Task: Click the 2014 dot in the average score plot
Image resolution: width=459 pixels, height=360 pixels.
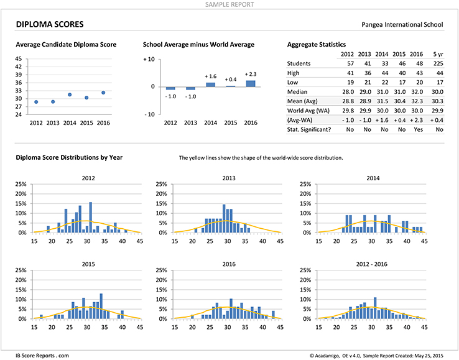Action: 70,95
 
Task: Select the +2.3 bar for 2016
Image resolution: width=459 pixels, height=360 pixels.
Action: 251,83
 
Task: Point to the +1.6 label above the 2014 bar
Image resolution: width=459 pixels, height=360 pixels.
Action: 210,76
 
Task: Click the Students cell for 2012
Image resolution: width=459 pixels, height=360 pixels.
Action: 350,63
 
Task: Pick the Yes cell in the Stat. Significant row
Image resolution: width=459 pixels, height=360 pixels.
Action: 419,129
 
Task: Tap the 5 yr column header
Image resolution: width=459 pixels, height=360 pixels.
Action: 438,54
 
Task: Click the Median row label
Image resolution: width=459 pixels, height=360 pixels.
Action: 297,92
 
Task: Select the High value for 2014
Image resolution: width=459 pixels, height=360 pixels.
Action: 385,73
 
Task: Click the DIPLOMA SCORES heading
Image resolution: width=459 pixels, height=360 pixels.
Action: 50,24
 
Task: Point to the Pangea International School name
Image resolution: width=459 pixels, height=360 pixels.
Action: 402,25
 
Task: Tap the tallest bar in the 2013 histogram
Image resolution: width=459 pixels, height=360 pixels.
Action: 224,218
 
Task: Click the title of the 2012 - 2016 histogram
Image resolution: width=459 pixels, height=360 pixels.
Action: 371,264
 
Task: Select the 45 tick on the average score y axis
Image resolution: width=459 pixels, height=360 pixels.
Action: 19,59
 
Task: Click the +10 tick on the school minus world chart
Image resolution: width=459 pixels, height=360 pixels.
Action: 149,59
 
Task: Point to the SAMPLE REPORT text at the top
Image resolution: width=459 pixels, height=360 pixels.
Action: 229,4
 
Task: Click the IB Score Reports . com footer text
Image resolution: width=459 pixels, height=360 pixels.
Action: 42,355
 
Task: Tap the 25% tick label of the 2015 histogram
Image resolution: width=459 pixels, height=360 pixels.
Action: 21,270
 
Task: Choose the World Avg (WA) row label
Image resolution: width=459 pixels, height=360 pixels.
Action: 308,111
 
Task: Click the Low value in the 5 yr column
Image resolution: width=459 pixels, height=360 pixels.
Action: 440,83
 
